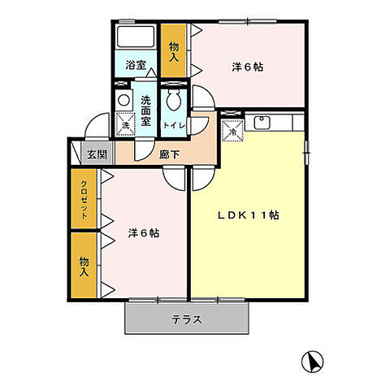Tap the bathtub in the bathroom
tap(134, 37)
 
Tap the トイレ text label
tap(172, 126)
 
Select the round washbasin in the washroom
tap(123, 100)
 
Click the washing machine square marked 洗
tap(124, 124)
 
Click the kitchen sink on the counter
tap(263, 123)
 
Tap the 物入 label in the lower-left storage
tap(83, 265)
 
